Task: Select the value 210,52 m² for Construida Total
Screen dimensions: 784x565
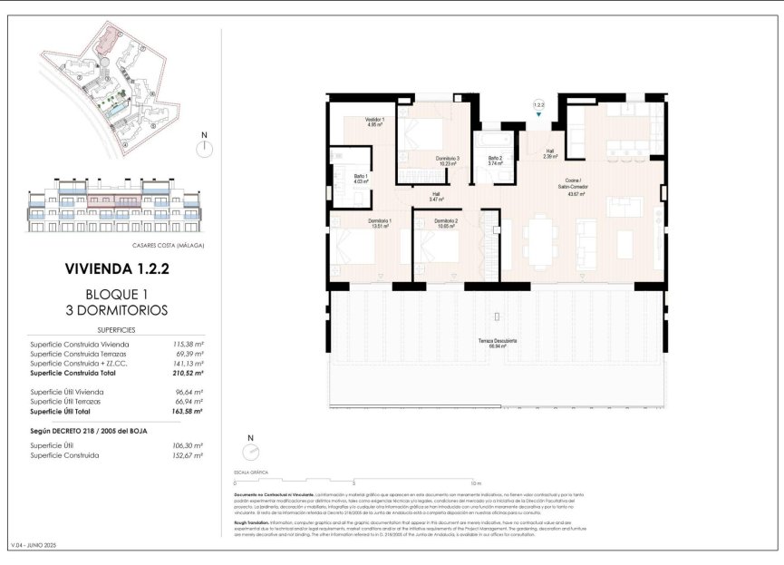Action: pos(187,373)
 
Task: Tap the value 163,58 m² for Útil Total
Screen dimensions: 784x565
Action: pos(187,411)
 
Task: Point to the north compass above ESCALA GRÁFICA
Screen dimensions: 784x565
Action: pos(250,453)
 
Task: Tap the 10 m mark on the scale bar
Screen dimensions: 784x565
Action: pos(476,483)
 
